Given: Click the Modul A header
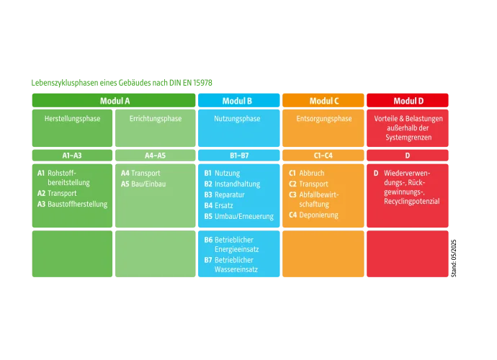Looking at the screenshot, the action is [x=114, y=101].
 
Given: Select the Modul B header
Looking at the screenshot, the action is [x=238, y=101].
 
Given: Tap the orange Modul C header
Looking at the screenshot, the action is [x=323, y=101].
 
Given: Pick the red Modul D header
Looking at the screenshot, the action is [x=408, y=101].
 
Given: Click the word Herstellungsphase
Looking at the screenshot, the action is [x=72, y=119].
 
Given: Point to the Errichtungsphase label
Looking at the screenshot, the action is [x=156, y=119].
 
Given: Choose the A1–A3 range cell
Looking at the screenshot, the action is [x=72, y=156].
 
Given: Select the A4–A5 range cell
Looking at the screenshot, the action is [x=156, y=156].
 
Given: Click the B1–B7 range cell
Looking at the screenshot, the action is [x=238, y=156].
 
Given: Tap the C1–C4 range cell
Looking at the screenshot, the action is [x=323, y=156].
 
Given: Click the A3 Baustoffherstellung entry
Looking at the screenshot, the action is [x=72, y=204].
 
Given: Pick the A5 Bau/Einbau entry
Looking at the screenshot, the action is [x=143, y=184].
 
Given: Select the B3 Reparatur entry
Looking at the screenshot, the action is [x=225, y=194].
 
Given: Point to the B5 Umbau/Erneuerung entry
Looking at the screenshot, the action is [x=238, y=216].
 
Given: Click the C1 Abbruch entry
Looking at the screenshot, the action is [x=307, y=173].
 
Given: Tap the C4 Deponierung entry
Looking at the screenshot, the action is [x=313, y=215].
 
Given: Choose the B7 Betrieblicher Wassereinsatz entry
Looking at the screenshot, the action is [x=230, y=265].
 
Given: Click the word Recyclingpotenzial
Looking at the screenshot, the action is [x=412, y=201].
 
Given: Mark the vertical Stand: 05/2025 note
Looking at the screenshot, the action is [x=454, y=258].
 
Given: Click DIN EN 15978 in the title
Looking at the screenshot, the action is [x=190, y=83].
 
